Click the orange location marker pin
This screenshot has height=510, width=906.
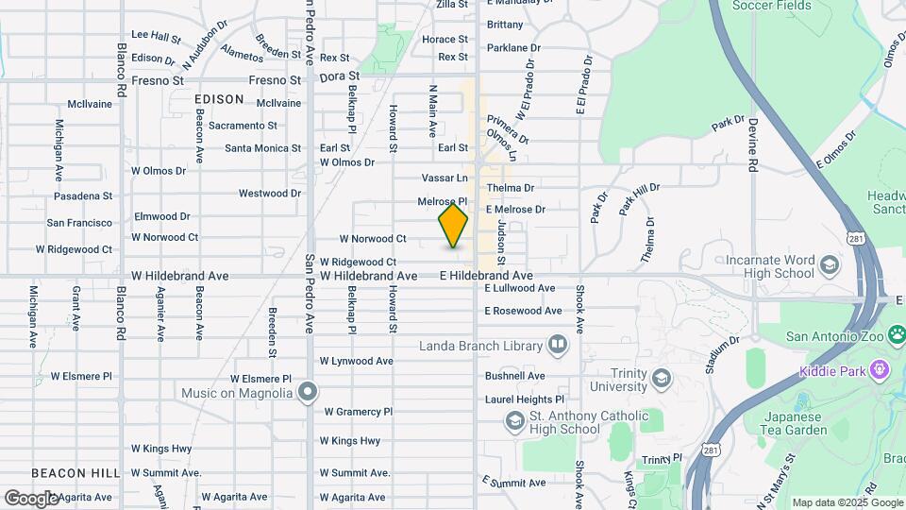453,226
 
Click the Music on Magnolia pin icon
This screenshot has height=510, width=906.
307,391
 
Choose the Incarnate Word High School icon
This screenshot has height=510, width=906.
830,264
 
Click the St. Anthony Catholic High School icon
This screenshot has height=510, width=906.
515,419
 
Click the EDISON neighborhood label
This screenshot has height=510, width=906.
218,98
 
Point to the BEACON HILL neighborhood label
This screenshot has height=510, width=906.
75,472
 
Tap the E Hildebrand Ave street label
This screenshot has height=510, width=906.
486,276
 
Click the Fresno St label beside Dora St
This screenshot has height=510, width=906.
275,80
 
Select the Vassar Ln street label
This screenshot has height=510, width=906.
444,178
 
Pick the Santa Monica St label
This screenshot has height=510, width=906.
262,148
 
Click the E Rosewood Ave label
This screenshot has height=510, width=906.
524,311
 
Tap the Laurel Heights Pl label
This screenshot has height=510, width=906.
524,399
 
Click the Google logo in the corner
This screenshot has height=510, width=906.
31,498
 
